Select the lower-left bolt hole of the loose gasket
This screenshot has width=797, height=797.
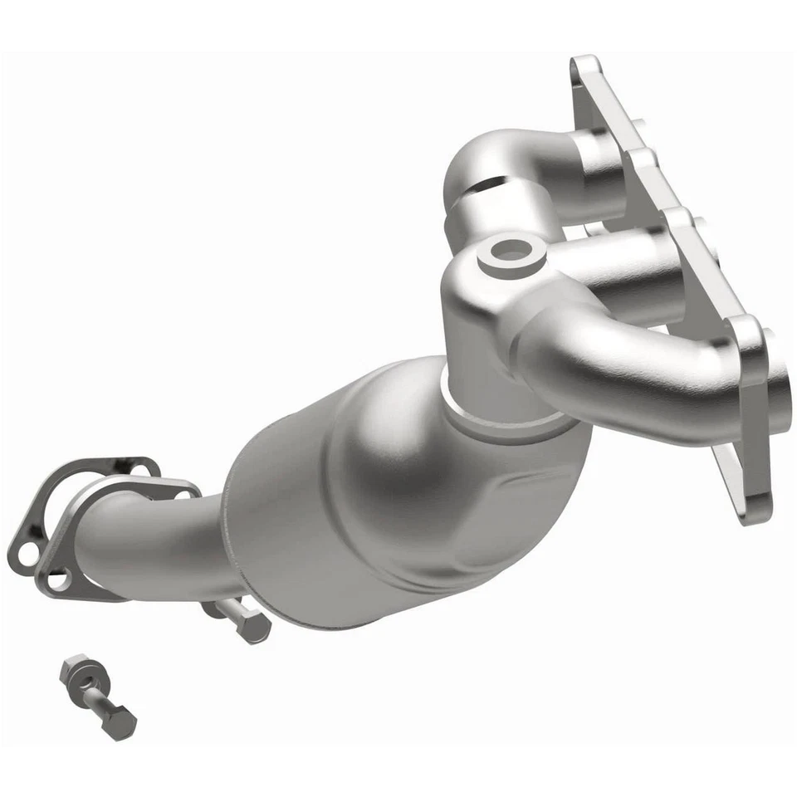point(23,550)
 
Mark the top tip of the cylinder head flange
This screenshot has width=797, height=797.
point(584,66)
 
